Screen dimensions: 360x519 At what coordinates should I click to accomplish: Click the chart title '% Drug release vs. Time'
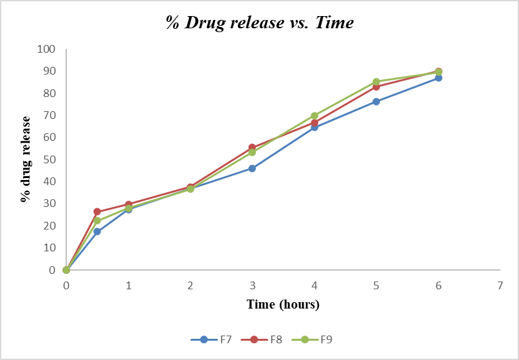260,23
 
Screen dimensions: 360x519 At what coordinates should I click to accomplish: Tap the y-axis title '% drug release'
26,159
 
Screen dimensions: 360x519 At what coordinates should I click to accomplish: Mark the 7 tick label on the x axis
500,285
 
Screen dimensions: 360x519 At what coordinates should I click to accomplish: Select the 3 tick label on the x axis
252,285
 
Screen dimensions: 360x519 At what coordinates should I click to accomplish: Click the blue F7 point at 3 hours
252,168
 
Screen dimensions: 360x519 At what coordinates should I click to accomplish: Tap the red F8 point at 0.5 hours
97,212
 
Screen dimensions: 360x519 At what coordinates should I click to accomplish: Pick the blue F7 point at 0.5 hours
97,231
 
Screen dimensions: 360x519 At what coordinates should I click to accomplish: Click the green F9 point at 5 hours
376,82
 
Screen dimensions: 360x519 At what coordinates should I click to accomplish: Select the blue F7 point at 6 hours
438,78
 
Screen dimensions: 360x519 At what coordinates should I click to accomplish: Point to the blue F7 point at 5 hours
376,102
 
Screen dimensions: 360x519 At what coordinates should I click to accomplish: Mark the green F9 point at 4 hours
314,116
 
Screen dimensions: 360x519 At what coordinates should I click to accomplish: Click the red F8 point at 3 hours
252,147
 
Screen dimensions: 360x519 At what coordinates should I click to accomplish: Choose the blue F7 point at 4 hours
314,127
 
